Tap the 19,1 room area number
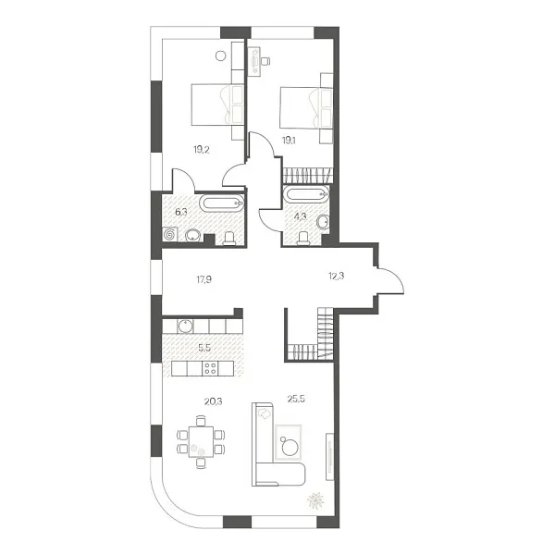point(289,141)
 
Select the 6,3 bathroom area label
point(181,210)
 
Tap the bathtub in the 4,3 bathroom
point(304,195)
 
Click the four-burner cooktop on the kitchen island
point(210,368)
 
